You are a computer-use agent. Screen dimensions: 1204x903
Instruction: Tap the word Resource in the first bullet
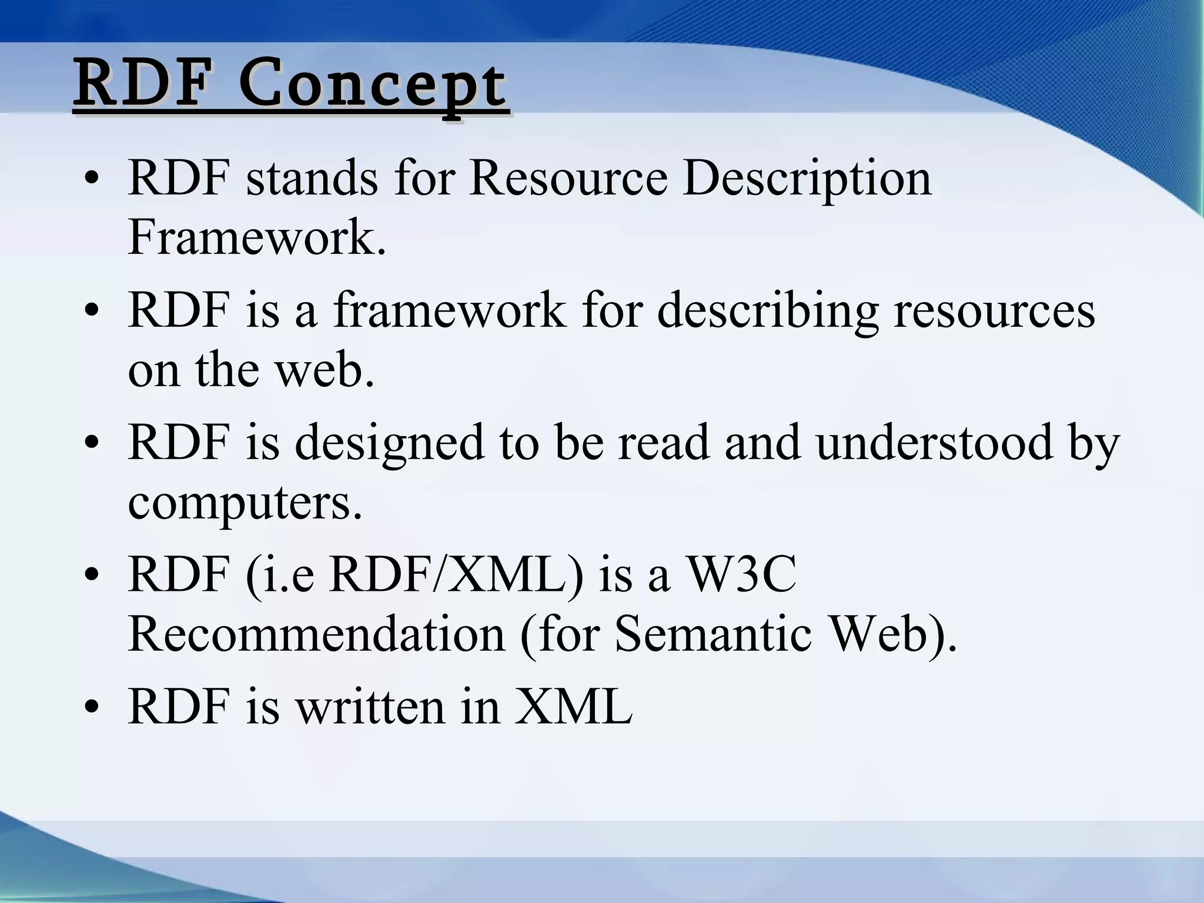click(568, 178)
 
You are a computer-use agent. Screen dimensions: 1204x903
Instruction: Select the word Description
click(807, 178)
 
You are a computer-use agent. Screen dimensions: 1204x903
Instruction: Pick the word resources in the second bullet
click(994, 310)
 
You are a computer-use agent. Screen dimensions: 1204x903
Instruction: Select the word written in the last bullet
click(369, 707)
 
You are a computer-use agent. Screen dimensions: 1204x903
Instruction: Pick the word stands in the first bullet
click(312, 178)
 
